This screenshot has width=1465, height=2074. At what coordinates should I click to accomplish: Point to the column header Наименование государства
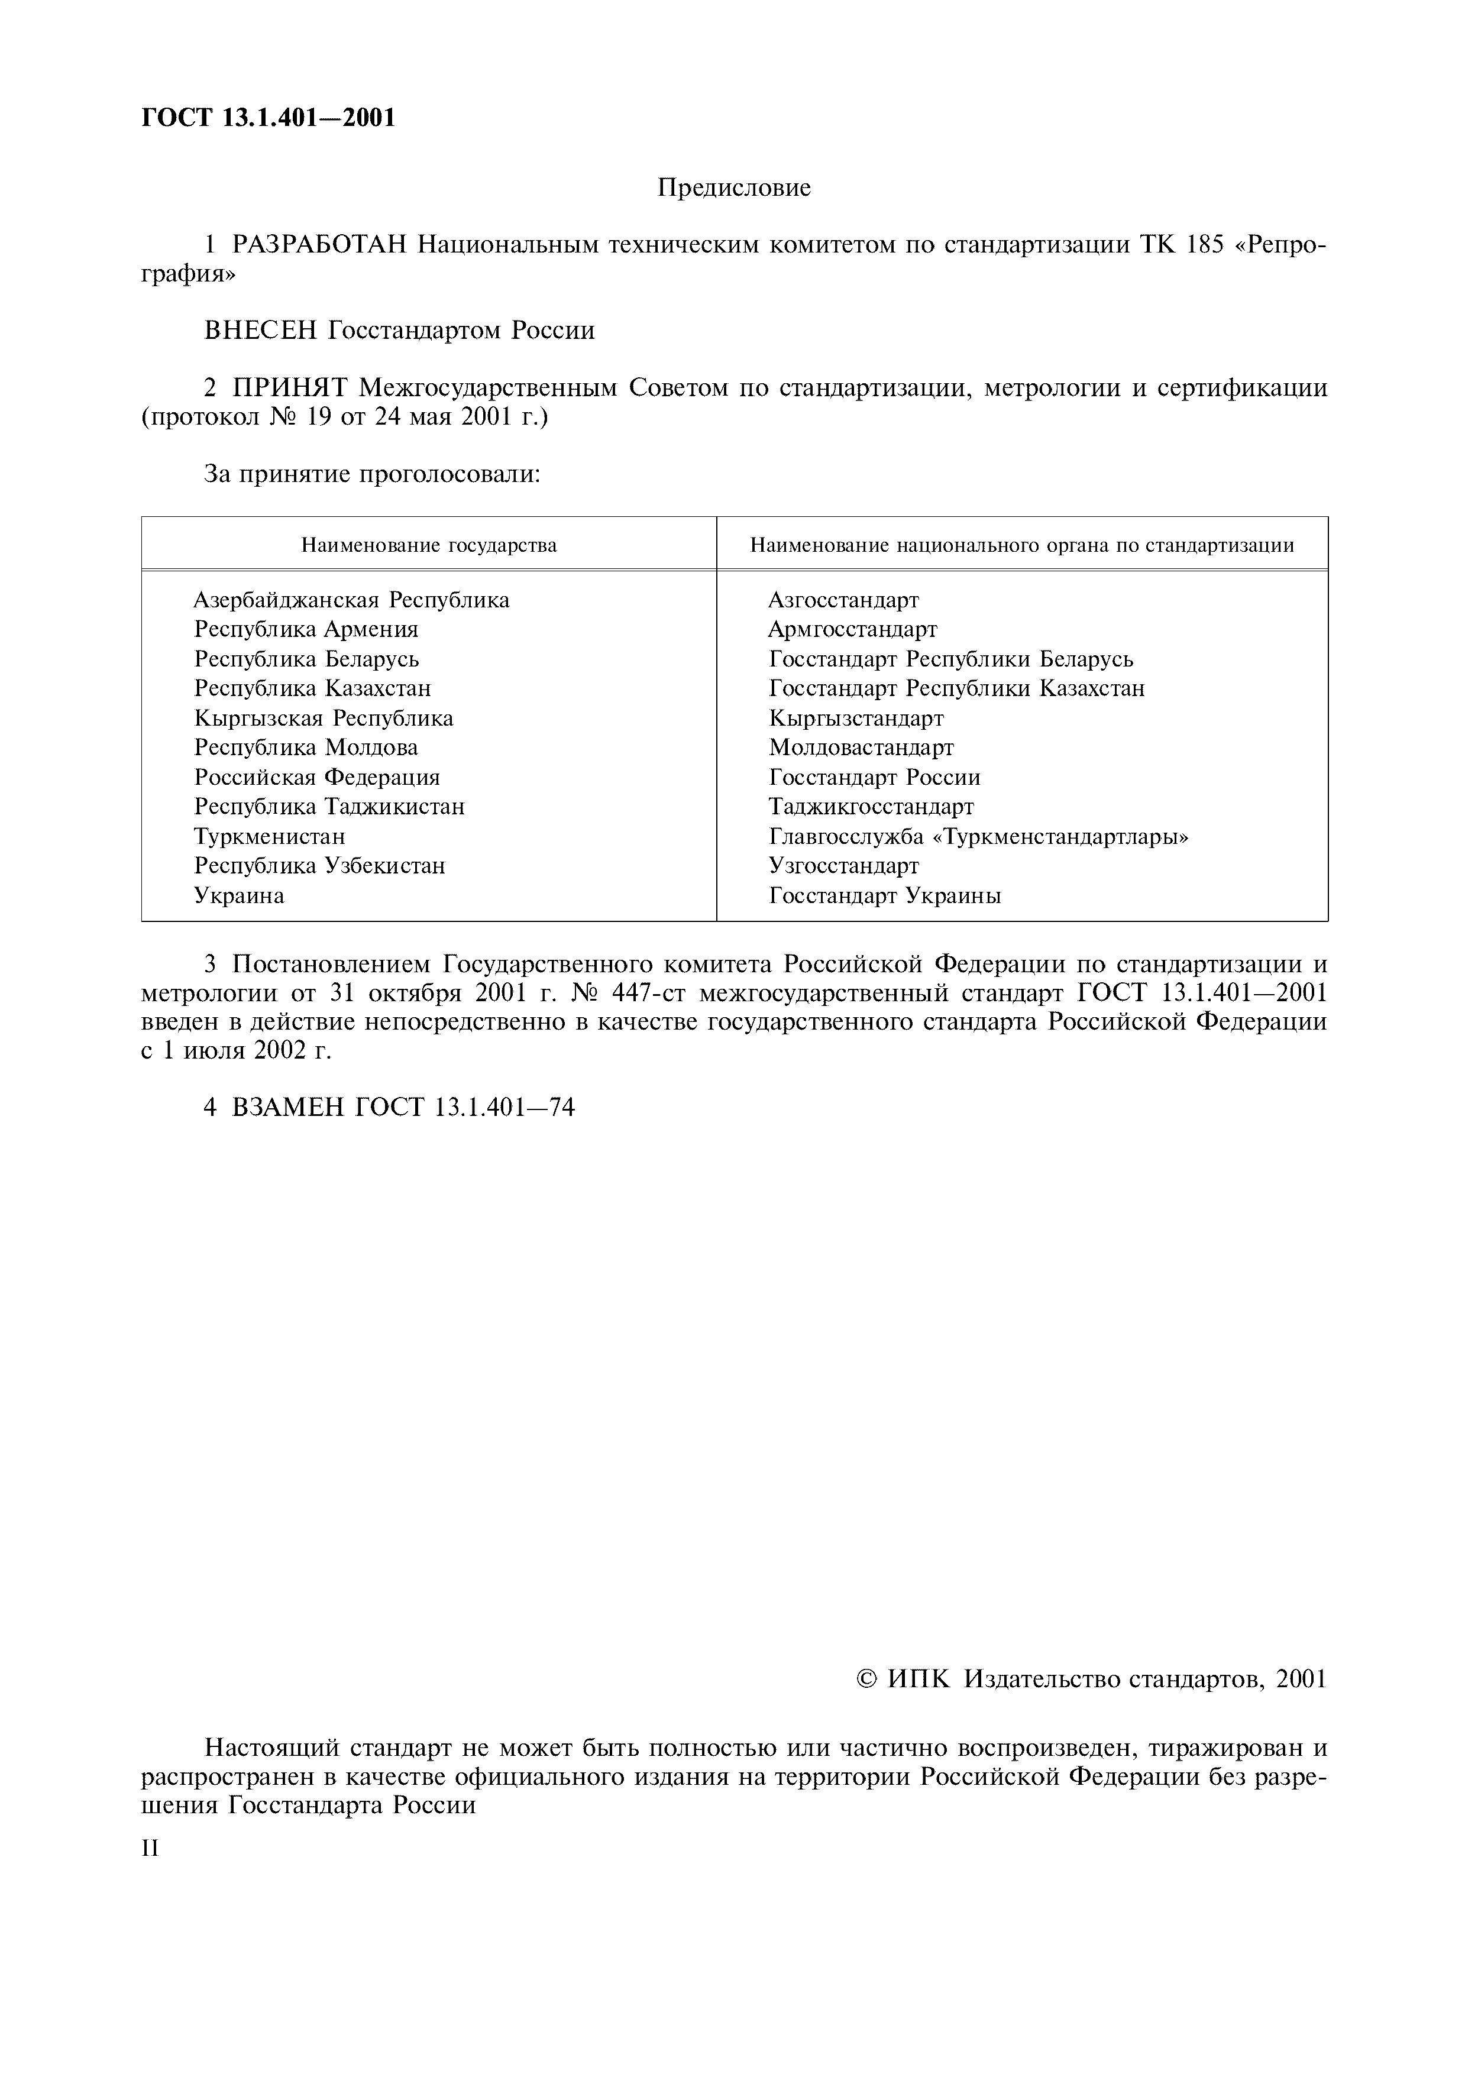(x=429, y=546)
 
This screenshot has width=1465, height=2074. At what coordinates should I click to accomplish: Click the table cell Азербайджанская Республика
(x=351, y=600)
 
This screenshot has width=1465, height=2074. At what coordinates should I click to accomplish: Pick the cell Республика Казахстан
(x=312, y=688)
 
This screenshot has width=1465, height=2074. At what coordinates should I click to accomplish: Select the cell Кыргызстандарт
(x=856, y=718)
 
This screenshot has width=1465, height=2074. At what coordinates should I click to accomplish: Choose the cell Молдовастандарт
(x=861, y=748)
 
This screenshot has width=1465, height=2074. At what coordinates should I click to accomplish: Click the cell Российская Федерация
(x=317, y=778)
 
